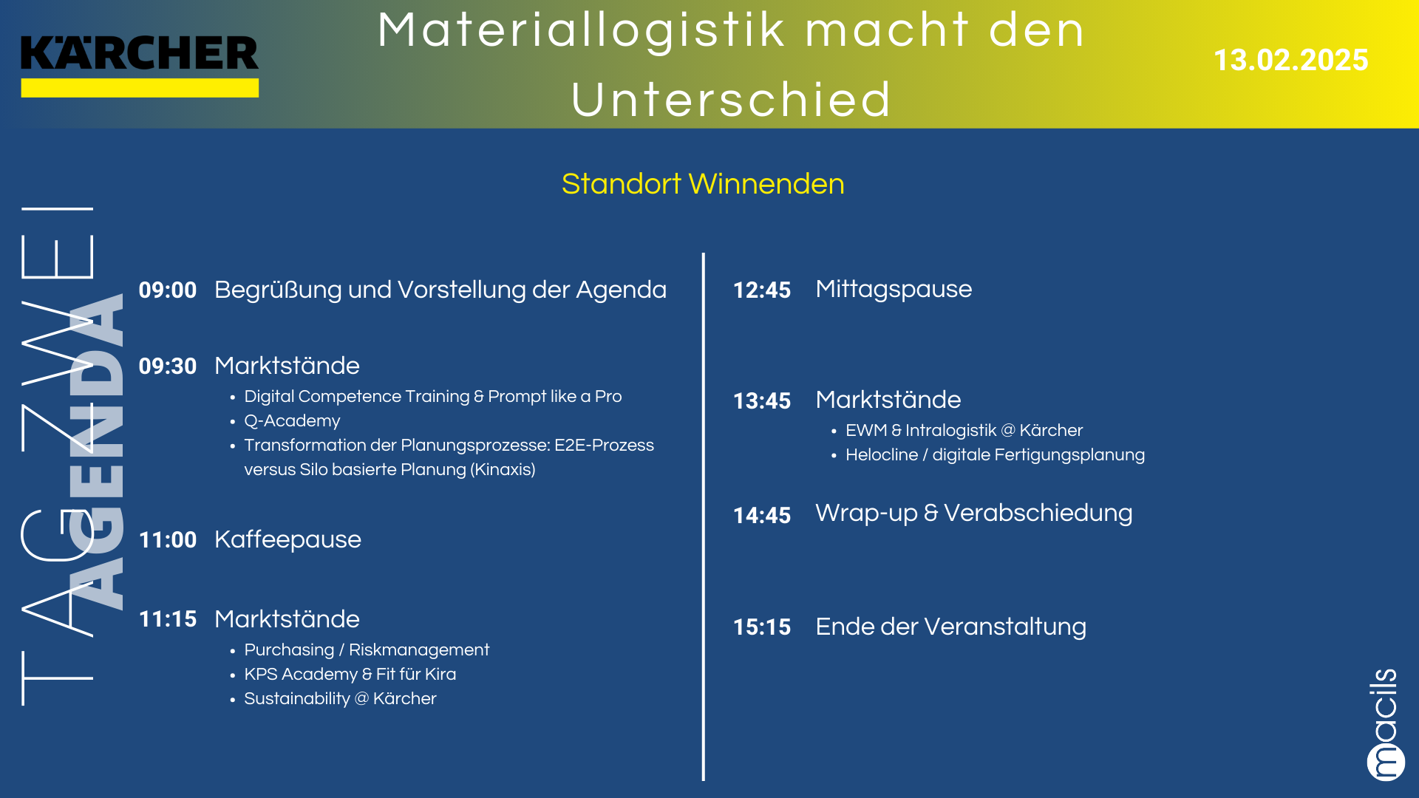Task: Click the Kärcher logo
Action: pos(140,65)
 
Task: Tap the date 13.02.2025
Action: pos(1290,60)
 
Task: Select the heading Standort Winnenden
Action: pos(703,184)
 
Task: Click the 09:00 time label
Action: pos(168,290)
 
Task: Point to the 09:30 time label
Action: pos(168,366)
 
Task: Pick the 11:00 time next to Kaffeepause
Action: pos(168,539)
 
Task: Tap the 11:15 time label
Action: pos(168,618)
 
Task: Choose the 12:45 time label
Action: pos(762,290)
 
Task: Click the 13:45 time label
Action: pos(762,400)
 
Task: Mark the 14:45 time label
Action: pos(762,515)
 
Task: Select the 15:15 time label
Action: pos(762,627)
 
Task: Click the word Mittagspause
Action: pos(894,290)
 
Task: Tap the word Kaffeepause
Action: pos(287,540)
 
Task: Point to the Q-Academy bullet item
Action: pos(292,421)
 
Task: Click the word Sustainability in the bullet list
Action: pos(297,699)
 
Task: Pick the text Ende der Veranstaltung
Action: pos(951,627)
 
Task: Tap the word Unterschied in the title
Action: pos(732,100)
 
